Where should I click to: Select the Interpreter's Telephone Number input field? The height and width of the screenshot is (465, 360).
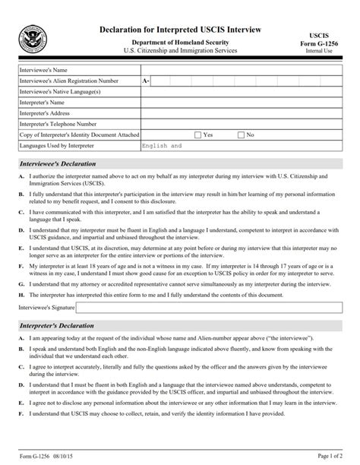click(x=241, y=123)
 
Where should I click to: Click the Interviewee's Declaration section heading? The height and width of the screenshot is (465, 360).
click(x=53, y=163)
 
